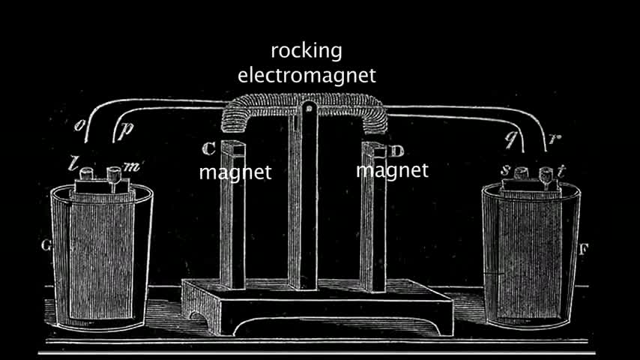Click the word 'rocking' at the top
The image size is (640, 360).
click(306, 52)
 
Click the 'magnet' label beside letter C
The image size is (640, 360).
click(235, 172)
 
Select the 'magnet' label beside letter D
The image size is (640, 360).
click(392, 170)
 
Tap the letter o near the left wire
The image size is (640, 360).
click(82, 125)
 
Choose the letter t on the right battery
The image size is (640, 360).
click(561, 172)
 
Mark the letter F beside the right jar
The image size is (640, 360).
click(582, 247)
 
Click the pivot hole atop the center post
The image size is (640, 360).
click(307, 113)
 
